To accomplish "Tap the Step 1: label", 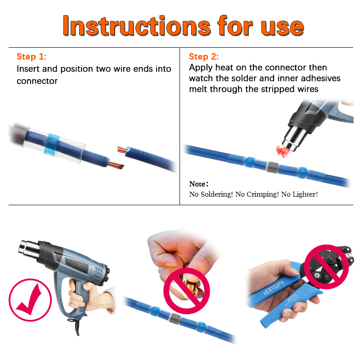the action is pos(31,57).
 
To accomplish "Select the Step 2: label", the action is pos(204,57).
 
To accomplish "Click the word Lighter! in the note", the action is pos(300,194).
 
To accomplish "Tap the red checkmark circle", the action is pos(30,300).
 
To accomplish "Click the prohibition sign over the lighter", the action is pos(187,291).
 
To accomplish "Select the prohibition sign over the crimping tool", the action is pos(326,267).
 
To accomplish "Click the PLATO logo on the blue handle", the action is pos(274,288).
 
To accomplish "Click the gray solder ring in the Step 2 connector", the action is pos(272,167).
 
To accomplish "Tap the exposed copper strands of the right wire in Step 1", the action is pos(121,149).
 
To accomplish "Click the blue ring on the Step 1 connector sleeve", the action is pos(52,145).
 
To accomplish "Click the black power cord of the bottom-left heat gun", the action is pos(76,326).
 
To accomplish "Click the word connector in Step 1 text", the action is pos(37,81).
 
